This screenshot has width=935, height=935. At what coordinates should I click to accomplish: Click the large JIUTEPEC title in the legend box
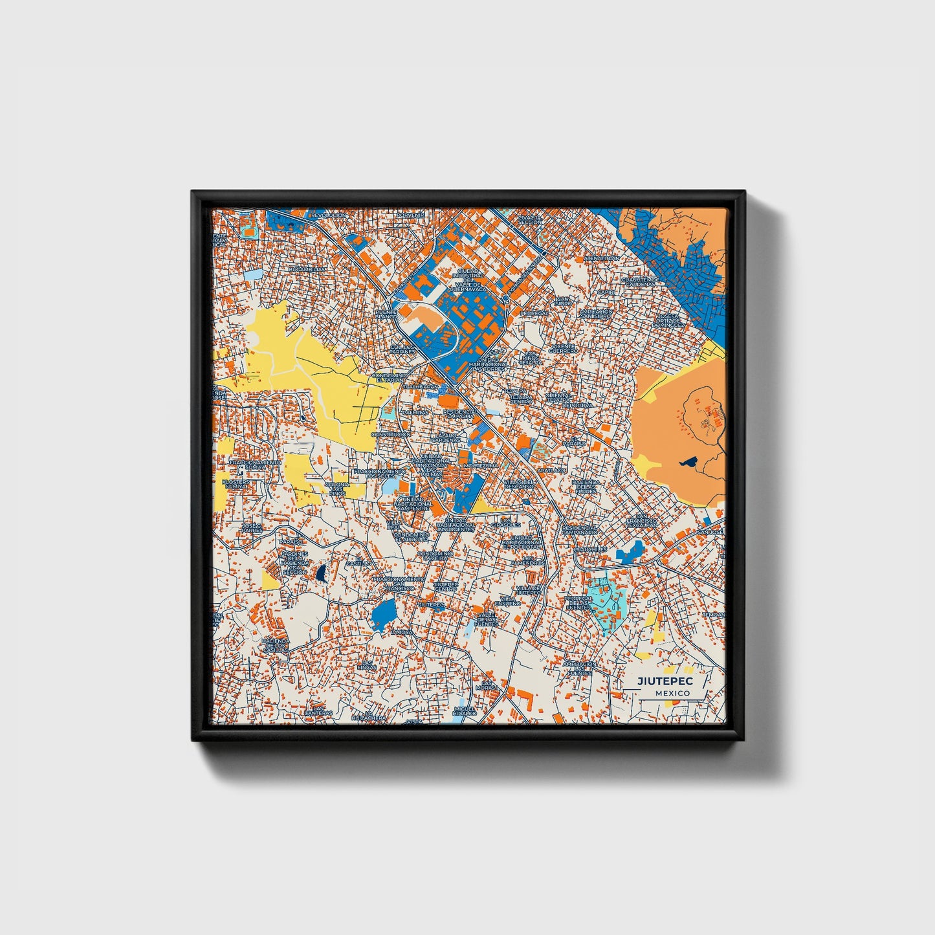pos(665,681)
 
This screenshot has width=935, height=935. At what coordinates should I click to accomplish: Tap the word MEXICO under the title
pos(672,693)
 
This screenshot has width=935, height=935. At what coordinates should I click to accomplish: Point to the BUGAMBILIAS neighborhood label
pos(307,269)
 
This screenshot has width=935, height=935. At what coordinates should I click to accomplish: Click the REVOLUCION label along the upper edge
pos(328,215)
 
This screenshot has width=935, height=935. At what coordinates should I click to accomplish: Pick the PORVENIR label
pos(410,215)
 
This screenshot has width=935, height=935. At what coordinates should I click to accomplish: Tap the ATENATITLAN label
pos(602,258)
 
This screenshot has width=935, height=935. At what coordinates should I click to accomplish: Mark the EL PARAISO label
pos(574,441)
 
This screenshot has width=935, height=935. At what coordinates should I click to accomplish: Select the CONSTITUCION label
pos(391,435)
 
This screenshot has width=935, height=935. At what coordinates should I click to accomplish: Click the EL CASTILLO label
pos(360,562)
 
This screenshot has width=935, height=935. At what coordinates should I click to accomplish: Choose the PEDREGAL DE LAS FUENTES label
pos(578,603)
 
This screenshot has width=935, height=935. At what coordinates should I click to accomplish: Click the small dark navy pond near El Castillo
pos(320,573)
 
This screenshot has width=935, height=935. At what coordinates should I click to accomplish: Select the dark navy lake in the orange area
pos(688,463)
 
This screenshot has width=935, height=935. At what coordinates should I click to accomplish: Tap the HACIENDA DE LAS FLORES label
pos(586,487)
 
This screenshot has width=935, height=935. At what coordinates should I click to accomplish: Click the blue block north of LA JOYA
pos(384,611)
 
